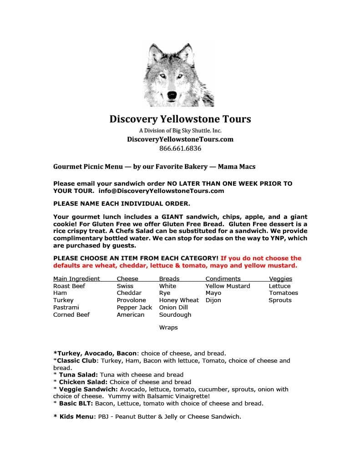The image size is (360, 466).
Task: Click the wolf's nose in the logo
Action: tap(172, 95)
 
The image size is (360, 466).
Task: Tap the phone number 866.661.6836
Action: tap(180, 148)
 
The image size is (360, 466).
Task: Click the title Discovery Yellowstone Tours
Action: tap(180, 119)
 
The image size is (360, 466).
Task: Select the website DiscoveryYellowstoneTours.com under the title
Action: tap(180, 139)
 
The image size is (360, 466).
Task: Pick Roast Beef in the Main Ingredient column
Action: tap(69, 286)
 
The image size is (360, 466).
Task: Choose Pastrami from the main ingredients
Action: tap(66, 307)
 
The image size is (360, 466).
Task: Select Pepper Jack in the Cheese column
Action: tap(134, 307)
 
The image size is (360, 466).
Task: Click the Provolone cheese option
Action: tap(131, 300)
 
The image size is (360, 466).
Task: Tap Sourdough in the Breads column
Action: tap(175, 314)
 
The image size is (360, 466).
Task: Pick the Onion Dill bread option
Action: tap(173, 307)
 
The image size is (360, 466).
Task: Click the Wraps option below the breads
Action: tap(168, 327)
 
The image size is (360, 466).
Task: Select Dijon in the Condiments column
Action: tap(213, 300)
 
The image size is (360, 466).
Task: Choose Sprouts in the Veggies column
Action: tap(280, 300)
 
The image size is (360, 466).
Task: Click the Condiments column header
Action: tap(223, 279)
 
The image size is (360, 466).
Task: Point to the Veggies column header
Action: tap(280, 279)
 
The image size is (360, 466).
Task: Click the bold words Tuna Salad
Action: tap(78, 375)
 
